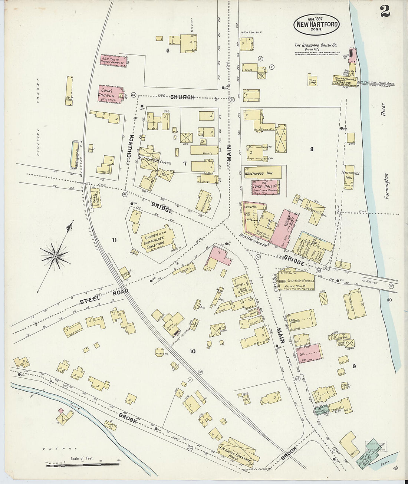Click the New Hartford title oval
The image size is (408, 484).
pyautogui.click(x=316, y=24)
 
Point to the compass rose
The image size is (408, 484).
pyautogui.click(x=55, y=256)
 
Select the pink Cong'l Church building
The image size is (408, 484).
pyautogui.click(x=110, y=94)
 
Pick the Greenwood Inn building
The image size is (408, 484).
pyautogui.click(x=261, y=173)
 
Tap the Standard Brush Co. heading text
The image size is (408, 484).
pyautogui.click(x=316, y=45)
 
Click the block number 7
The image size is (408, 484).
pyautogui.click(x=184, y=163)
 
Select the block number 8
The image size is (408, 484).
pyautogui.click(x=312, y=149)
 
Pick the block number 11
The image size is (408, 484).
pyautogui.click(x=114, y=240)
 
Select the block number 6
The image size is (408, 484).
pyautogui.click(x=168, y=51)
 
